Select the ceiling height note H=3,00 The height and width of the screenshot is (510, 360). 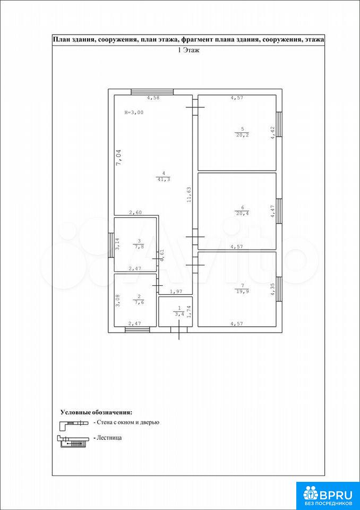(x=134, y=113)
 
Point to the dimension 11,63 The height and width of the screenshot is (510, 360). (x=188, y=195)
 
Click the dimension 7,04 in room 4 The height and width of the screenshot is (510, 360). (x=119, y=157)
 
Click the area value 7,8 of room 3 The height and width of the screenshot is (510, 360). (x=139, y=246)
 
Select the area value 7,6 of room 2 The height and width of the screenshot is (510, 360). (x=139, y=302)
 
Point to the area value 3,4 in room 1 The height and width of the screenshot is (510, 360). (x=178, y=314)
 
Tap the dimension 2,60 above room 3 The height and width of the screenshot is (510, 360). (x=135, y=212)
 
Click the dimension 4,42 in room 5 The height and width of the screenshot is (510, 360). (x=273, y=133)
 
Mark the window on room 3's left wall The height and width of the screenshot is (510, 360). (x=111, y=245)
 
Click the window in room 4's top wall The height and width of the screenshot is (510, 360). (x=152, y=92)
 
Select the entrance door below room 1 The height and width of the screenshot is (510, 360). (x=179, y=330)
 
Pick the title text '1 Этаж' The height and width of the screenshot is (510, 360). (x=188, y=50)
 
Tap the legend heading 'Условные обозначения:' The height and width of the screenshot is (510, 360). (x=97, y=412)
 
